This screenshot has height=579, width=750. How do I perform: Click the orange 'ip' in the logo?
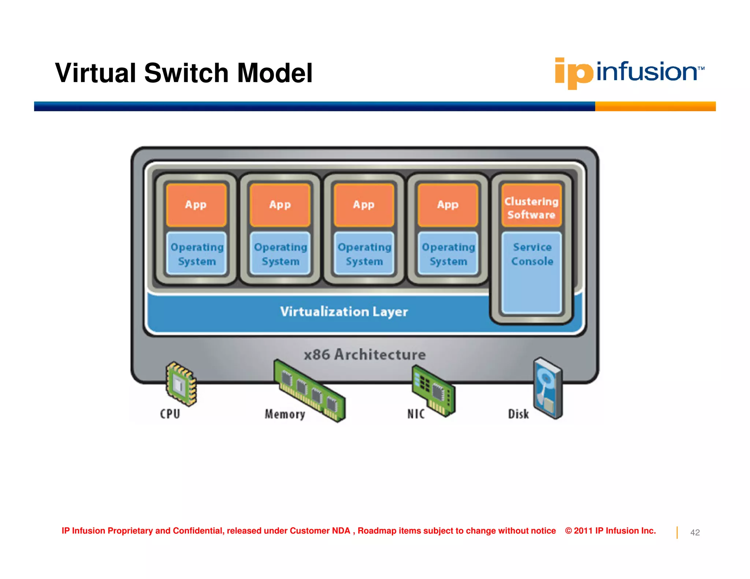tap(573, 72)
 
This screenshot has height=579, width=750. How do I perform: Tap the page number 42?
tap(695, 533)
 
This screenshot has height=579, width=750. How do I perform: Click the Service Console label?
tap(532, 254)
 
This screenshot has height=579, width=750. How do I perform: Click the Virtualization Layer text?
tap(344, 312)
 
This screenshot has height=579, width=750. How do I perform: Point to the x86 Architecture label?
tap(365, 355)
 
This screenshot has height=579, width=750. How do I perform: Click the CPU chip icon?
tap(181, 384)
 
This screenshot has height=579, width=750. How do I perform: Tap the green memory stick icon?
tap(309, 390)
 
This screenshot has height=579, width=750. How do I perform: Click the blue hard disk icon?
tap(548, 388)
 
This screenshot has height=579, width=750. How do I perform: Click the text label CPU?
tap(170, 414)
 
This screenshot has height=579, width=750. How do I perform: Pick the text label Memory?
tap(285, 414)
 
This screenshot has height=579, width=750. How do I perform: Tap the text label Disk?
tap(518, 414)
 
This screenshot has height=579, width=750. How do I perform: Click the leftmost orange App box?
tap(196, 205)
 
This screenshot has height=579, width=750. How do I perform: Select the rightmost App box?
tap(448, 205)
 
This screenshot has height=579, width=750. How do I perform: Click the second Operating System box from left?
tap(281, 254)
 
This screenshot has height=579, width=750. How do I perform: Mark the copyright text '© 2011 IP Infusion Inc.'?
tap(610, 531)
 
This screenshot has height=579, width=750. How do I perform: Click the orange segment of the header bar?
tap(655, 107)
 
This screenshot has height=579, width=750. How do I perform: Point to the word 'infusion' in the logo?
tap(647, 72)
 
